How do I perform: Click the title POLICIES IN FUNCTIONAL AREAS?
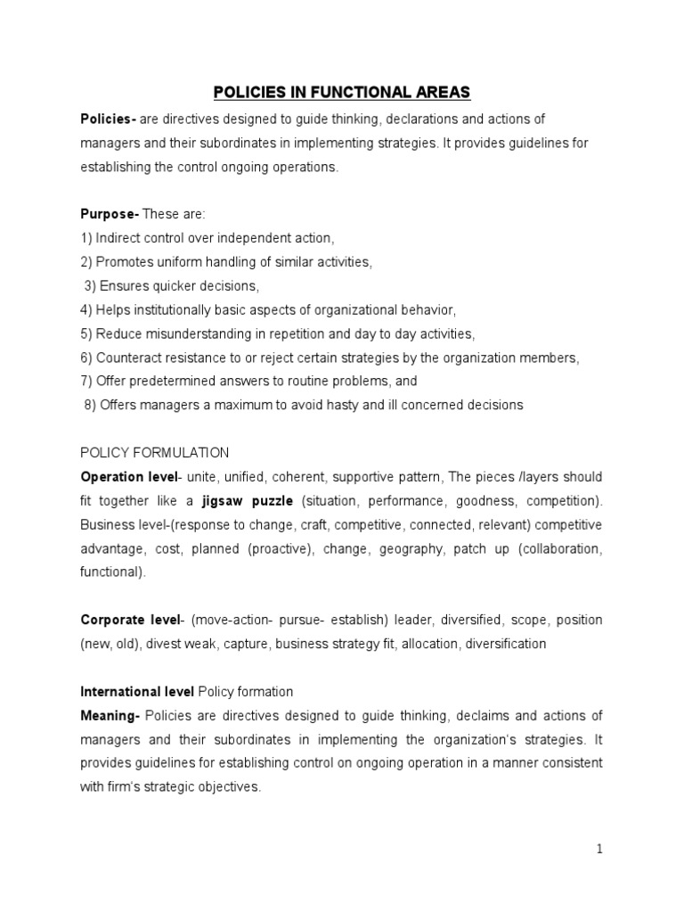341,92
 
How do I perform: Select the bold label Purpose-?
110,214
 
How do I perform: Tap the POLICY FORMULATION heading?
154,452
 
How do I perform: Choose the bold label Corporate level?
130,620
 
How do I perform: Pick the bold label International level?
138,691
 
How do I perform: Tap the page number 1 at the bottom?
599,849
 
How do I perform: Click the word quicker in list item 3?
176,286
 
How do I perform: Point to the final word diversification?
501,644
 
